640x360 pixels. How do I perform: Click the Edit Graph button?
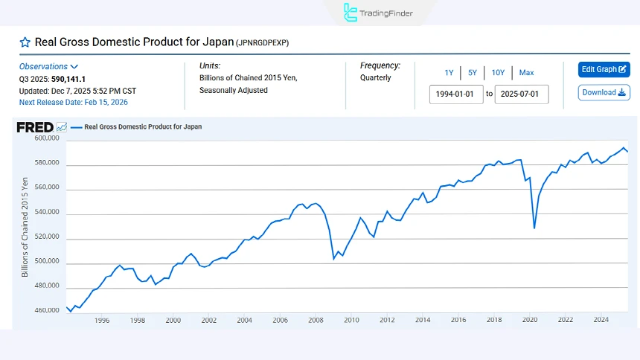pyautogui.click(x=604, y=69)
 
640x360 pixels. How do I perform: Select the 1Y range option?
pyautogui.click(x=449, y=72)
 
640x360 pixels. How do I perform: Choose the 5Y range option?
pyautogui.click(x=473, y=72)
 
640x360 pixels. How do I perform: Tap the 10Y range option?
pyautogui.click(x=498, y=72)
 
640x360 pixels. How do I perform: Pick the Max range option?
pyautogui.click(x=526, y=72)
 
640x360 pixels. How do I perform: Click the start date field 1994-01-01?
pyautogui.click(x=456, y=94)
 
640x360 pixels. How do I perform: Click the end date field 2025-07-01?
pyautogui.click(x=522, y=94)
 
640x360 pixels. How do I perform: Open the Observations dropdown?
pyautogui.click(x=49, y=66)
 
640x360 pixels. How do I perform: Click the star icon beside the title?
pyautogui.click(x=25, y=42)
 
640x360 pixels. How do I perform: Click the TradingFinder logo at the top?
pyautogui.click(x=378, y=13)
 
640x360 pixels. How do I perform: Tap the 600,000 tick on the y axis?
pyautogui.click(x=46, y=138)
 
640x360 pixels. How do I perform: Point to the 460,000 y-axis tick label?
pyautogui.click(x=46, y=310)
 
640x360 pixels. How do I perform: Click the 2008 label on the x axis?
pyautogui.click(x=316, y=320)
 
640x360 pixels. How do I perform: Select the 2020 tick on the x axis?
pyautogui.click(x=530, y=320)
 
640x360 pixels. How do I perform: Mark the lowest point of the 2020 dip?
pyautogui.click(x=534, y=228)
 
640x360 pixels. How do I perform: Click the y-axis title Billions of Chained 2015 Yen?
pyautogui.click(x=25, y=227)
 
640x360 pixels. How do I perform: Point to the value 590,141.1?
pyautogui.click(x=68, y=78)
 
